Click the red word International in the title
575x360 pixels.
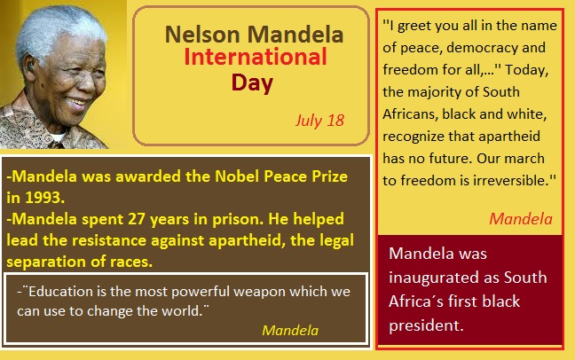click(256, 57)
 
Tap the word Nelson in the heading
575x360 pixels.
click(202, 35)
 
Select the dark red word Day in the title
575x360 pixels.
click(252, 83)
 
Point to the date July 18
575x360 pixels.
click(319, 121)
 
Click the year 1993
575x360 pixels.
click(44, 198)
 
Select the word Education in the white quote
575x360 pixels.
click(61, 292)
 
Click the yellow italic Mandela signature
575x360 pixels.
click(290, 331)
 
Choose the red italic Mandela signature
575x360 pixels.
click(521, 219)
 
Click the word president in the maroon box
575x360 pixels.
click(426, 326)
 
